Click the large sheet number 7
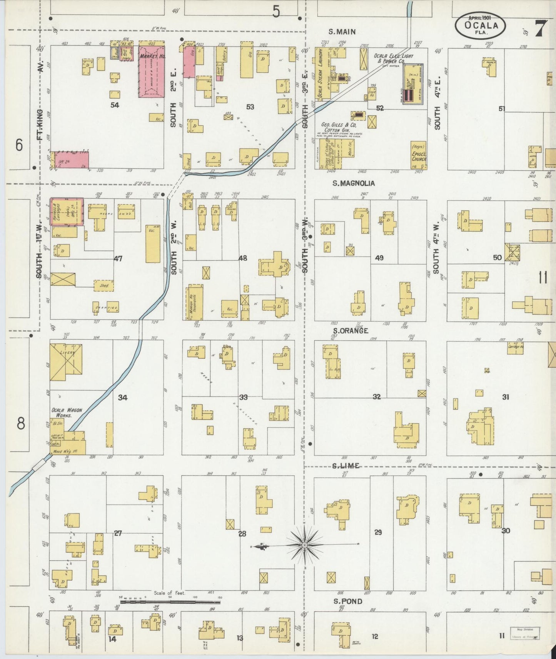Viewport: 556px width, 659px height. coord(540,28)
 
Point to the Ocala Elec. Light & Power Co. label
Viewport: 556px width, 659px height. coord(389,58)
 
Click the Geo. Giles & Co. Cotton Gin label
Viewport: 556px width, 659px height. coord(339,127)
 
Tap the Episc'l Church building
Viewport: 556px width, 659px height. coord(419,156)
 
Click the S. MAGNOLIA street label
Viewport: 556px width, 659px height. coord(353,183)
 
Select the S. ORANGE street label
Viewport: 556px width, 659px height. coord(350,331)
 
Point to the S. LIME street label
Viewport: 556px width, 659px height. coord(346,466)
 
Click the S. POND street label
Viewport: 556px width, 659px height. coord(347,601)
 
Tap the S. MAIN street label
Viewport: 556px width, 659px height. coord(342,32)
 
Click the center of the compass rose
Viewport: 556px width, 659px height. coord(305,545)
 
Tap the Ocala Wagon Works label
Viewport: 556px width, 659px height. coord(67,413)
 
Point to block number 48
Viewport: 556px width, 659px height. coord(242,258)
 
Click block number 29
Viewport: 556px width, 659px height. coord(378,532)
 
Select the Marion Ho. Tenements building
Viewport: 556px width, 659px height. coord(195,302)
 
